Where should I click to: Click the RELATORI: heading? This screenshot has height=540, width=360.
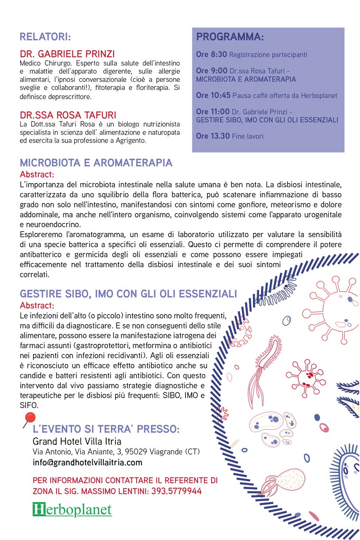[x=45, y=37]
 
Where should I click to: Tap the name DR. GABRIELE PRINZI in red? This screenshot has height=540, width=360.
[x=67, y=54]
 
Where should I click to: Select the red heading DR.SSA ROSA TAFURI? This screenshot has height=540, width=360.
[x=68, y=115]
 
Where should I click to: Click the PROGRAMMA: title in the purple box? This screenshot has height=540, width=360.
[x=230, y=37]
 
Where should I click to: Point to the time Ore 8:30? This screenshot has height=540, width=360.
[x=212, y=55]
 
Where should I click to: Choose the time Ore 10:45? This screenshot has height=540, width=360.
[x=213, y=95]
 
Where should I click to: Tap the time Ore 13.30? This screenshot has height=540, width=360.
[x=213, y=136]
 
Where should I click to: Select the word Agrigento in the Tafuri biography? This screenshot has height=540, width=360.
[x=131, y=141]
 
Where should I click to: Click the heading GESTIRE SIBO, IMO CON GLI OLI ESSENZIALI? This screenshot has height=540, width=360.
[x=128, y=294]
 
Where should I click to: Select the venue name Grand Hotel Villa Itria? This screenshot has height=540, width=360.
[x=77, y=441]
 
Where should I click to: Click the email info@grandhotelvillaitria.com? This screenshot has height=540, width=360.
[x=87, y=462]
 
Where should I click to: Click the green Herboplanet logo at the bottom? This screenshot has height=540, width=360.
[x=72, y=509]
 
